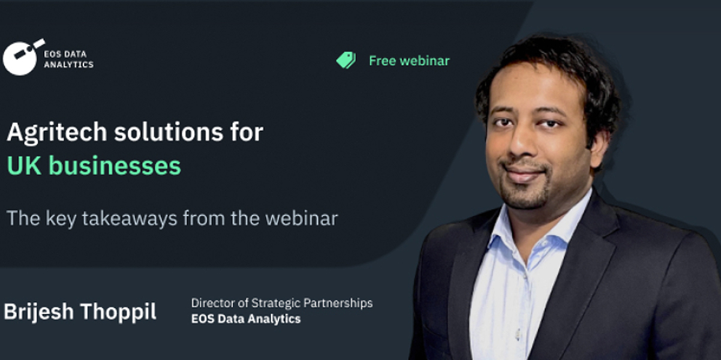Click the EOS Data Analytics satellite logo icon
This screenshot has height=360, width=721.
pyautogui.click(x=23, y=58)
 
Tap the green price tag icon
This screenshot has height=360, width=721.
pyautogui.click(x=346, y=60)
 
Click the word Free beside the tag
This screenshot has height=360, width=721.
pyautogui.click(x=382, y=61)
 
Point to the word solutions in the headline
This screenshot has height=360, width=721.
pyautogui.click(x=169, y=132)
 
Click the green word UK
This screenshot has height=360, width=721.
pyautogui.click(x=24, y=166)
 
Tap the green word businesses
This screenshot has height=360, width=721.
pyautogui.click(x=115, y=166)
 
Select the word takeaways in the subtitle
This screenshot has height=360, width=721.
pyautogui.click(x=130, y=218)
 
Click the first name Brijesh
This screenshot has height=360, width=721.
pyautogui.click(x=38, y=312)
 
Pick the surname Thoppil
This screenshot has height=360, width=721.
pyautogui.click(x=118, y=312)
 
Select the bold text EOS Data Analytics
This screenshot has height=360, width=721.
pyautogui.click(x=246, y=319)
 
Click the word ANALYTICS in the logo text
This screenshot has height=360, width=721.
pyautogui.click(x=68, y=65)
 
